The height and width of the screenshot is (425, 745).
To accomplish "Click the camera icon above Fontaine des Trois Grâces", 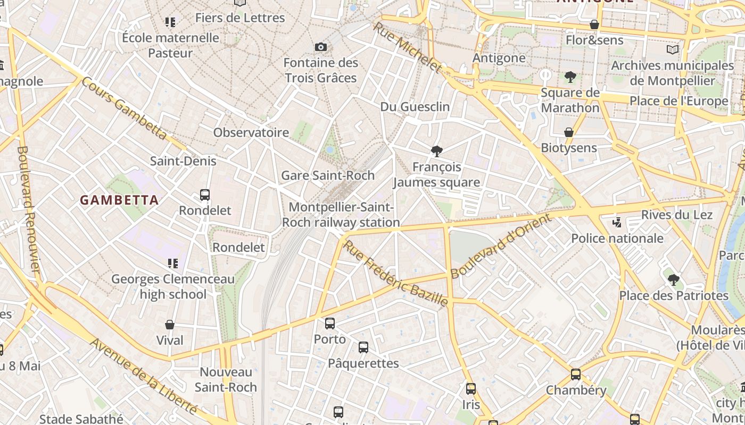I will pyautogui.click(x=320, y=47).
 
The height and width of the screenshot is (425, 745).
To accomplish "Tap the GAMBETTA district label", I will pyautogui.click(x=119, y=200).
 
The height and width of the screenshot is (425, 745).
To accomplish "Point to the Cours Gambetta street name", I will pyautogui.click(x=125, y=109).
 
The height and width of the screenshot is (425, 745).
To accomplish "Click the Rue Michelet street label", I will pyautogui.click(x=408, y=47).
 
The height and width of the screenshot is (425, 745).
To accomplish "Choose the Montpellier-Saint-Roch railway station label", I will pyautogui.click(x=341, y=215).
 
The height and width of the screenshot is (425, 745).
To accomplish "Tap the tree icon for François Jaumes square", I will pyautogui.click(x=437, y=151).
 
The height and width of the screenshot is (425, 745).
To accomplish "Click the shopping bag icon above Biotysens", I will pyautogui.click(x=569, y=132).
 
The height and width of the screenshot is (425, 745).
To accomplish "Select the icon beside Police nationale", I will pyautogui.click(x=617, y=222).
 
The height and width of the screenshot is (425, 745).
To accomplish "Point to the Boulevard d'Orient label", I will pyautogui.click(x=500, y=246).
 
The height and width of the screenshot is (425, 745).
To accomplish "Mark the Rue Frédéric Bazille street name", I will pyautogui.click(x=395, y=274).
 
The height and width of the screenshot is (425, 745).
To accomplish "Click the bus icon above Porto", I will pyautogui.click(x=330, y=323).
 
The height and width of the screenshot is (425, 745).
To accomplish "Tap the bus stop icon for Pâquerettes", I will pyautogui.click(x=363, y=347).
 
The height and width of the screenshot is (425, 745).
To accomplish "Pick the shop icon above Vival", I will pyautogui.click(x=170, y=325).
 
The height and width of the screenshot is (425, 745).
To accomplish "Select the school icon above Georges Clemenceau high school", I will pyautogui.click(x=172, y=263).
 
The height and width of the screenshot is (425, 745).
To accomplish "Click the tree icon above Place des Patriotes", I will pyautogui.click(x=674, y=279).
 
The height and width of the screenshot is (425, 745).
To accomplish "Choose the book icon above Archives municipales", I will pyautogui.click(x=673, y=50).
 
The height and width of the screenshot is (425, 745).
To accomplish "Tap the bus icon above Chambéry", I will pyautogui.click(x=576, y=375).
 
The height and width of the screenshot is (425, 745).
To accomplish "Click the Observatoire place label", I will pyautogui.click(x=251, y=132).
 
